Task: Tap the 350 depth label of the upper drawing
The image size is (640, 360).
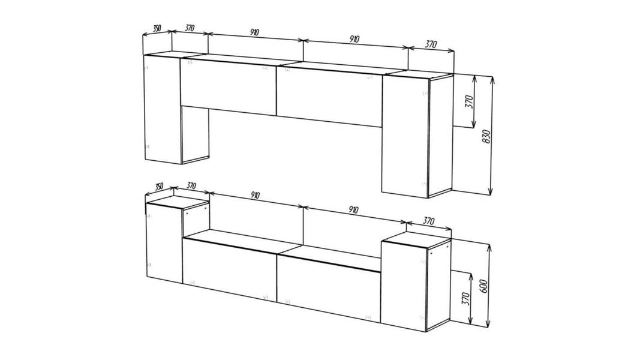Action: click(x=157, y=29)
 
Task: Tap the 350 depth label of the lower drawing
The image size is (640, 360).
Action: click(x=159, y=186)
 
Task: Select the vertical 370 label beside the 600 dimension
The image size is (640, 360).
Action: click(x=465, y=298)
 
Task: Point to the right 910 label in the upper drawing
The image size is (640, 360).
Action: click(x=354, y=39)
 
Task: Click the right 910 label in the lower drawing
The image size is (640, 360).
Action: click(x=353, y=210)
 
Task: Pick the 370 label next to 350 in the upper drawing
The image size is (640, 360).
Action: click(x=189, y=28)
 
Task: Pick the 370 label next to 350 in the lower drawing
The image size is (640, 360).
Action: click(x=191, y=186)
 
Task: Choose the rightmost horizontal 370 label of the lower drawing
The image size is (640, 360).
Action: click(x=428, y=221)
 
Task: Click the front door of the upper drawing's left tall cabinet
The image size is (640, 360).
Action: click(x=163, y=109)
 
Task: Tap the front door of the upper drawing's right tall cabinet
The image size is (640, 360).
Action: click(x=405, y=136)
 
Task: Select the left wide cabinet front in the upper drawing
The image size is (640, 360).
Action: click(x=229, y=86)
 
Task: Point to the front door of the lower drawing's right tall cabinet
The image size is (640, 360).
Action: click(x=404, y=286)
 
